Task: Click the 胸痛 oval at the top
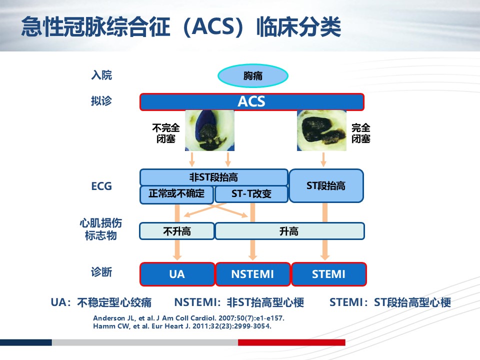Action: point(253,75)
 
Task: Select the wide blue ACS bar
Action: point(252,101)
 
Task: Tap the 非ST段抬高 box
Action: point(213,177)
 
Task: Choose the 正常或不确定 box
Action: point(176,194)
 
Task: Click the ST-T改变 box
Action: point(251,194)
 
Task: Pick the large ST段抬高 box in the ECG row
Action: point(326,186)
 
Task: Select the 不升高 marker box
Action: point(177,231)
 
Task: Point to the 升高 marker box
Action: point(289,231)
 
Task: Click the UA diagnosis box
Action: point(177,274)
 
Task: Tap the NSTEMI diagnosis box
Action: point(253,274)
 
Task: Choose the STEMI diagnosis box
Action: point(329,274)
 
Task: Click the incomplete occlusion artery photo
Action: point(209,130)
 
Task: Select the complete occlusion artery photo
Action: point(321,130)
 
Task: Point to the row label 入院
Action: point(101,75)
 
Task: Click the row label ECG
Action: point(101,186)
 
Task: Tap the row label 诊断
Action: point(101,272)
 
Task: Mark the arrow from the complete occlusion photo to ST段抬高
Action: point(323,159)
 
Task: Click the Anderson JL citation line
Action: point(189,318)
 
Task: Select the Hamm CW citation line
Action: point(182,326)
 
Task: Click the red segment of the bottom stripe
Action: point(291,342)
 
